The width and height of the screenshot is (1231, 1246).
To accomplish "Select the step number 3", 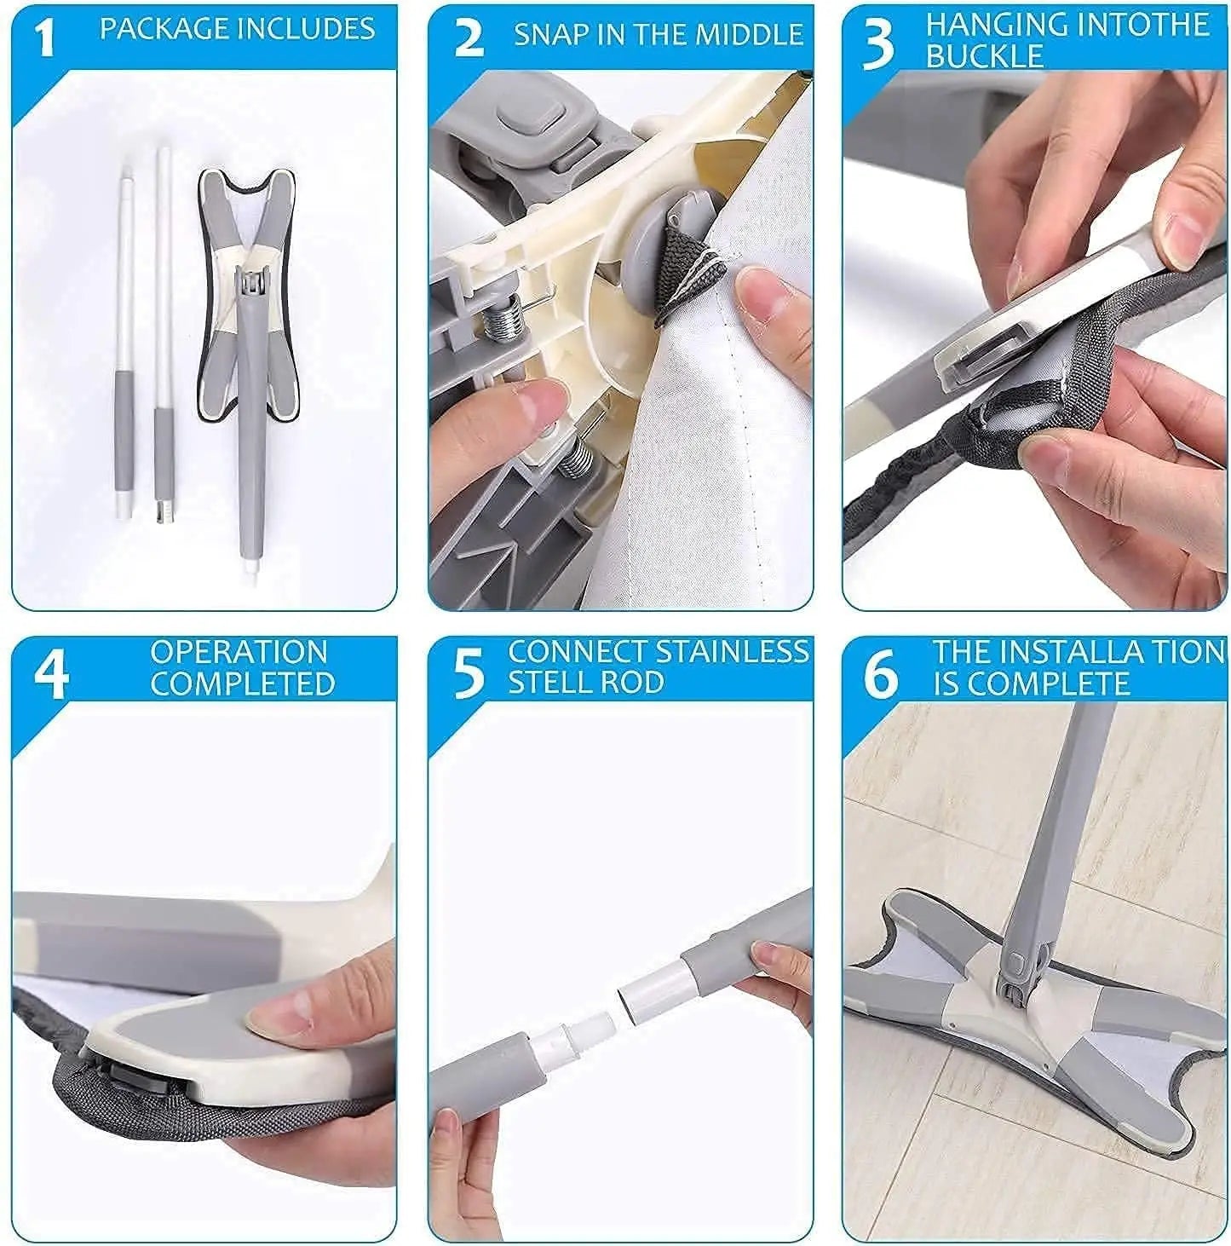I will pyautogui.click(x=878, y=45).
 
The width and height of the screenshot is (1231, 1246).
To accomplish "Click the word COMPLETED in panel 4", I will pyautogui.click(x=243, y=684).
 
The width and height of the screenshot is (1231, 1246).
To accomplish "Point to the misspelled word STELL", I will pyautogui.click(x=546, y=683).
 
